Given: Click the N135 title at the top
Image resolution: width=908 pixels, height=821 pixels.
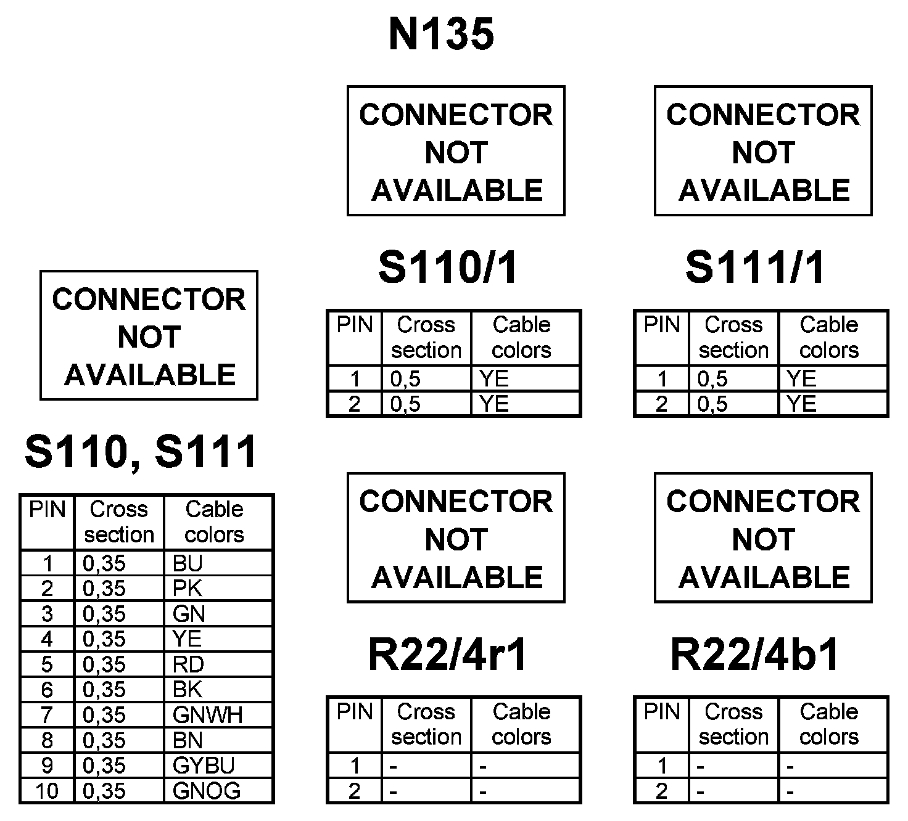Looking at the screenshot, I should pos(441,34).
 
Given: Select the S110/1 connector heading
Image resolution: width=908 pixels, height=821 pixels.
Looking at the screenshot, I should pos(448,268).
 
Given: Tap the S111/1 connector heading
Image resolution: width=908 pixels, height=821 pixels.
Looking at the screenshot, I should pos(756,268).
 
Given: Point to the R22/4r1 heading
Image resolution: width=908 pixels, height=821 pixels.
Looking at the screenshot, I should pos(448,655).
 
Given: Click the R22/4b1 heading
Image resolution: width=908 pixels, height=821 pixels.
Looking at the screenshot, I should pos(755,655).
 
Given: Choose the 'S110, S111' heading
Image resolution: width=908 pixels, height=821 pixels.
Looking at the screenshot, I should pos(141,452).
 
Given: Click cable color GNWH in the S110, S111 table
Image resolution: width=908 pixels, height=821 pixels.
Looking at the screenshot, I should pos(207,715).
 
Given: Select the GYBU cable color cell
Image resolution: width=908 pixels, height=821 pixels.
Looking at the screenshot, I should pos(204,766).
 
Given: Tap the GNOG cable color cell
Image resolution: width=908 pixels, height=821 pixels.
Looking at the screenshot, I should pos(207,791).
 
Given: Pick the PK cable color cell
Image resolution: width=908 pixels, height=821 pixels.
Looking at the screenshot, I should pos(188,589).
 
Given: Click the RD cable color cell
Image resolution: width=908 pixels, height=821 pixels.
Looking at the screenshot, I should pos(188,664).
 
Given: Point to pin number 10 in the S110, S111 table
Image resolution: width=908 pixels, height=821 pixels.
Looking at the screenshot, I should pos(47,791).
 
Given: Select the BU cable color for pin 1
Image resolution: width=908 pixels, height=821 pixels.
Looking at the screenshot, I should pos(188,563).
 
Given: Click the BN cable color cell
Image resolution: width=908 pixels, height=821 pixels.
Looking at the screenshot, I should pos(188,740).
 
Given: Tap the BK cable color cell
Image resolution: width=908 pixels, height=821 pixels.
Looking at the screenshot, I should pos(188,690).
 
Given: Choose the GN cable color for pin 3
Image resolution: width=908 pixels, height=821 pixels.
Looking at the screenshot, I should pos(188,614).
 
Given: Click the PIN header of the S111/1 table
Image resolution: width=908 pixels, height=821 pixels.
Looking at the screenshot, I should pos(662,325).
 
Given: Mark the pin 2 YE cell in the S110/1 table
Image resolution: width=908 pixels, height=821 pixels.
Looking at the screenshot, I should pos(494,404).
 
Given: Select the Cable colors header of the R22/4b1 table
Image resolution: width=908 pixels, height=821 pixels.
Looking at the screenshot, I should pos(829,724).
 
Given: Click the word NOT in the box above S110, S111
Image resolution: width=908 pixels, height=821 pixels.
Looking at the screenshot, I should pos(149,337).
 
